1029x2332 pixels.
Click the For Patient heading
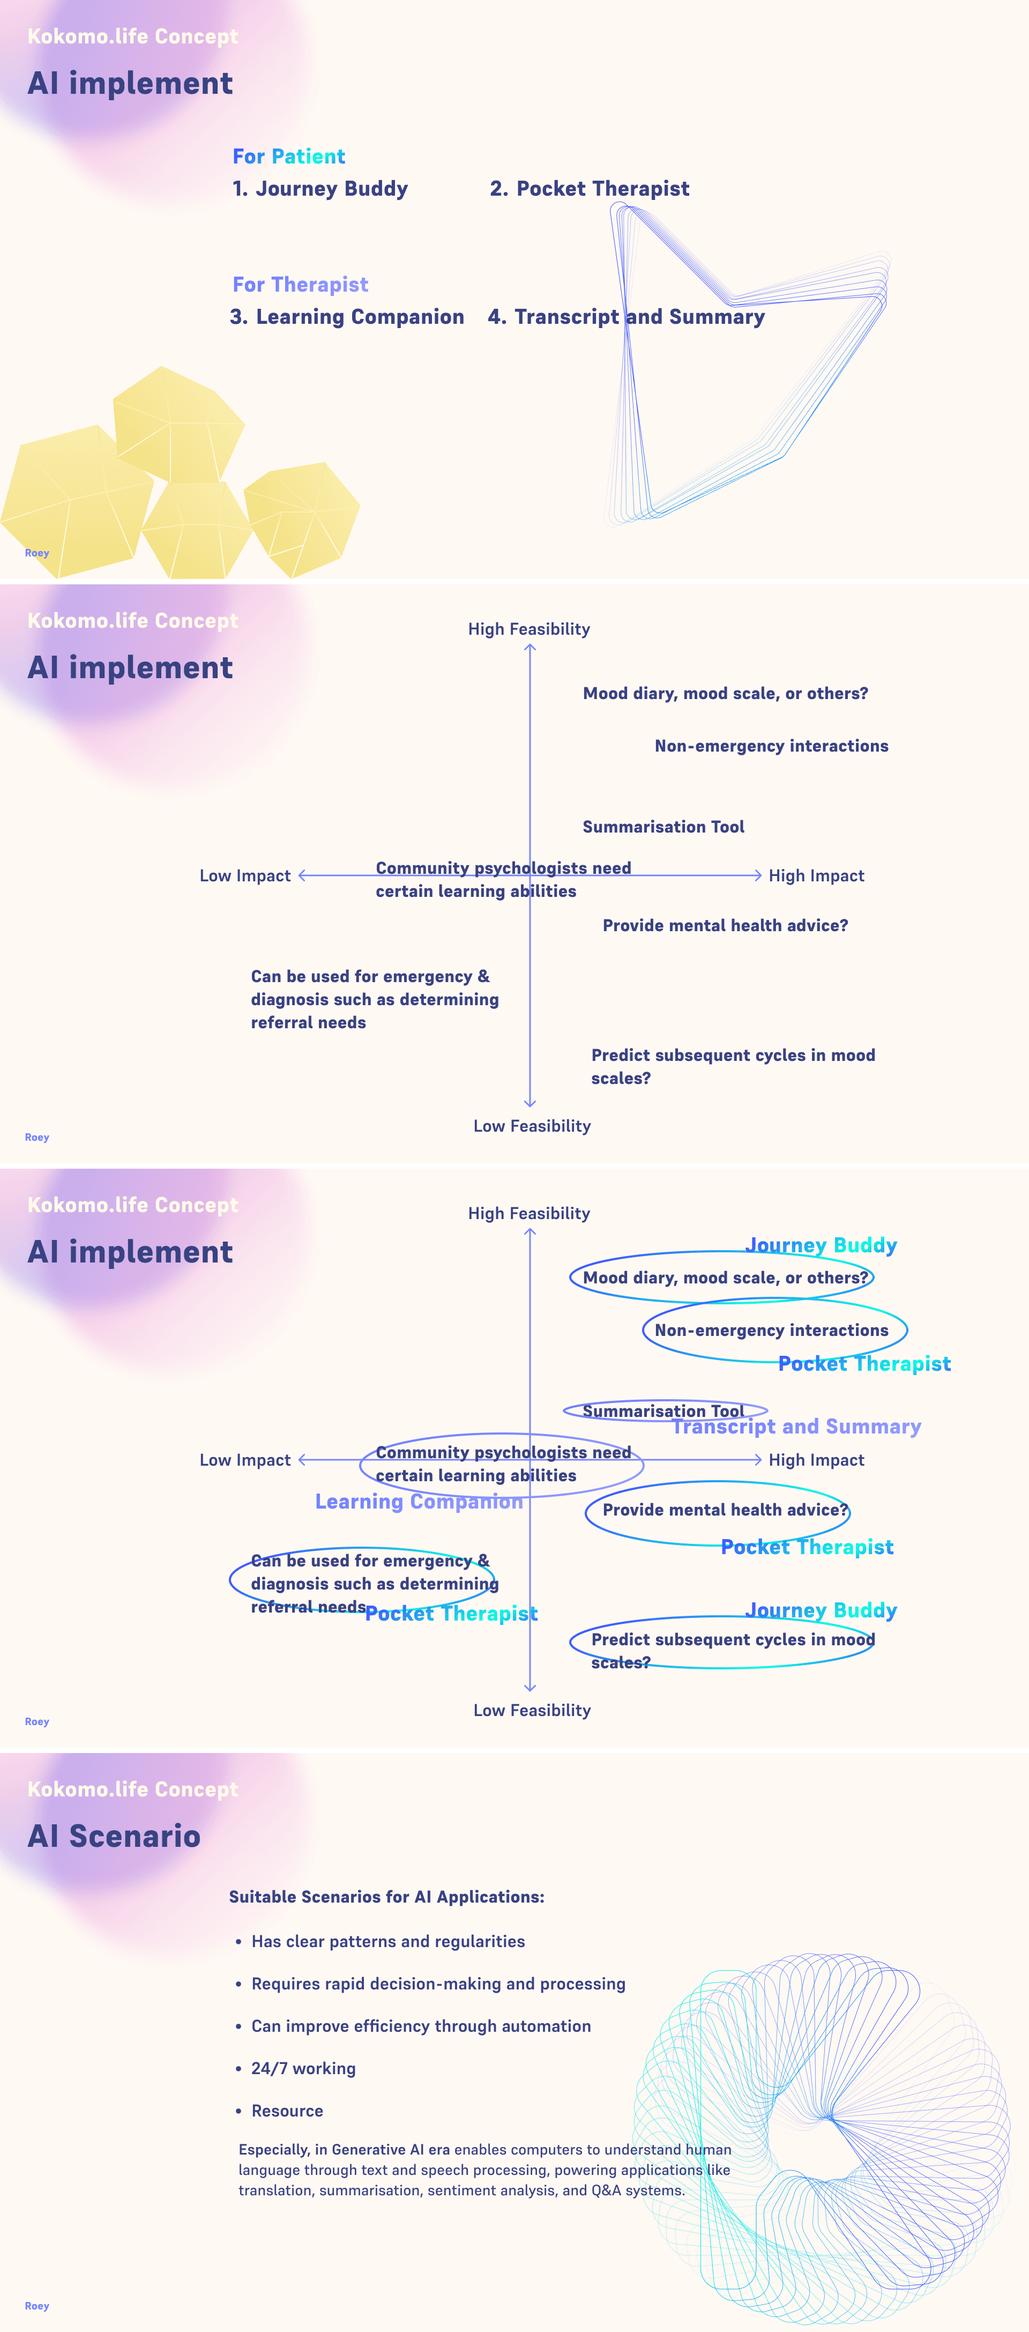289,157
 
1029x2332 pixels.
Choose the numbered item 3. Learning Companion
347,317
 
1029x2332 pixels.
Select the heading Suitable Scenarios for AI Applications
386,1897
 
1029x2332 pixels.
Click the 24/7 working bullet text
303,2069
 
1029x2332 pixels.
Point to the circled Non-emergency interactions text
771,1330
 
